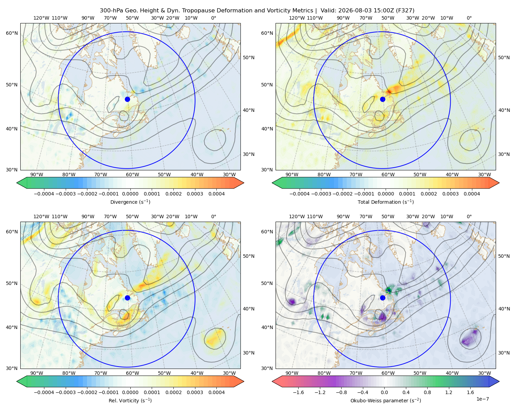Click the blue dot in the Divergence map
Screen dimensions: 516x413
point(127,99)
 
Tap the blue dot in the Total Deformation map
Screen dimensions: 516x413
point(383,99)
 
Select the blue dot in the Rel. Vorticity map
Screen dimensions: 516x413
point(127,298)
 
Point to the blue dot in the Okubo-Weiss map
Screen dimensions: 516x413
point(383,298)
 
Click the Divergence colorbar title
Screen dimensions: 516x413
point(130,202)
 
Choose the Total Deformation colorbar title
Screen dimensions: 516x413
point(386,202)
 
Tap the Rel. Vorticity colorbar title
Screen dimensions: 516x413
point(130,400)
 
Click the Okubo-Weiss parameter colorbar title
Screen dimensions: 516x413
point(386,400)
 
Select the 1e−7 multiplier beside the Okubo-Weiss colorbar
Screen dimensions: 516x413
point(482,399)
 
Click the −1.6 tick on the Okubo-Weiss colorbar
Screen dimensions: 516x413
point(298,392)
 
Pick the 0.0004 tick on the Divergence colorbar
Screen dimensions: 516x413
point(216,194)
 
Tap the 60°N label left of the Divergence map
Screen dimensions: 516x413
point(12,33)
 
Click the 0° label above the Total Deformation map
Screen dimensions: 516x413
point(469,18)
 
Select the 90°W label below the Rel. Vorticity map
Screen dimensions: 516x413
point(37,373)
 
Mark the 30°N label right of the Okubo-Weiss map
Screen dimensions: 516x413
point(504,353)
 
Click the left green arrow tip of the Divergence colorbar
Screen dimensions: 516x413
point(17,183)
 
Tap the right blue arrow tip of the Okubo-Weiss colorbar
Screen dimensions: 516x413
point(499,381)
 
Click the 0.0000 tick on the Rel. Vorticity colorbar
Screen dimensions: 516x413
point(130,392)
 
